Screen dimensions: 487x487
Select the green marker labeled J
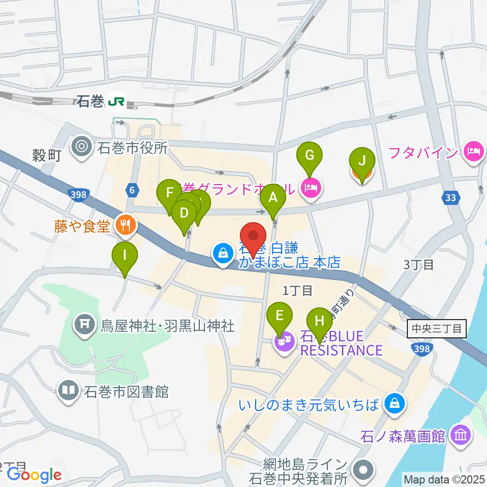coord(362,161)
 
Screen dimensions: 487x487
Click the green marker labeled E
coord(280,316)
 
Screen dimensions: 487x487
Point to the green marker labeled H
coord(319,322)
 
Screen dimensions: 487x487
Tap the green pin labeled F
coord(169,194)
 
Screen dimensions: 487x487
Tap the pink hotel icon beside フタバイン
coord(473,152)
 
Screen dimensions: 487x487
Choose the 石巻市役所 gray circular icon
coord(81,148)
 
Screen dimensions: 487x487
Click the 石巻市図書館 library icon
coord(68,391)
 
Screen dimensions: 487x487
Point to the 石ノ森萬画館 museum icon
coord(461,435)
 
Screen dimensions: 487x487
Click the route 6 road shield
coord(132,190)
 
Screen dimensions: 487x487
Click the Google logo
coord(34,475)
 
